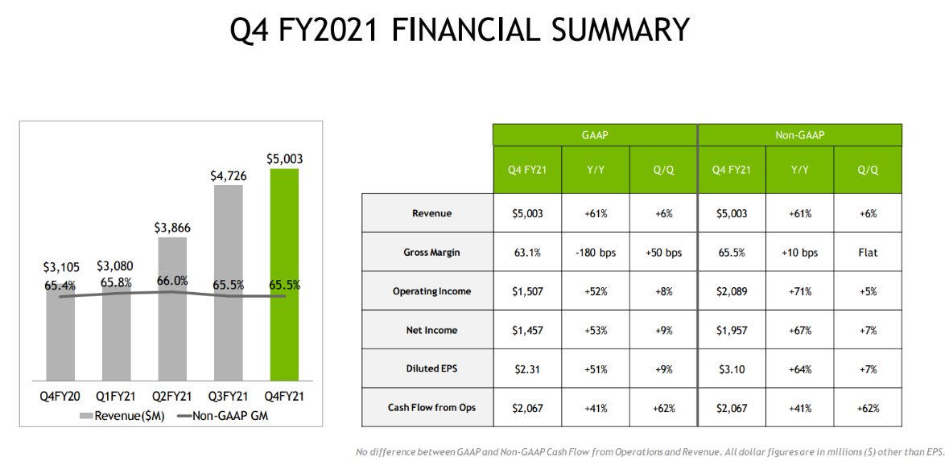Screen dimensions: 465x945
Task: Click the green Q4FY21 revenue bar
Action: (284, 274)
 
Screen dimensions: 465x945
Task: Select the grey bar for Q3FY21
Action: (229, 282)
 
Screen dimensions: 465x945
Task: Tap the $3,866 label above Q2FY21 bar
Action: (172, 228)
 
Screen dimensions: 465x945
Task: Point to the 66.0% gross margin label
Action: (172, 281)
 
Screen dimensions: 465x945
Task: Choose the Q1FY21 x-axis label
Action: (117, 397)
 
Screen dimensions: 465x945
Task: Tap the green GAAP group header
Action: (594, 135)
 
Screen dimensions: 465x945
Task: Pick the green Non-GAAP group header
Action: (800, 135)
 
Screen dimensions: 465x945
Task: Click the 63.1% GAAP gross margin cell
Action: (527, 253)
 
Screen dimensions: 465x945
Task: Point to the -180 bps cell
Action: (596, 253)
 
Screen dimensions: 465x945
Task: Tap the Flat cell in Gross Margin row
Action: (868, 253)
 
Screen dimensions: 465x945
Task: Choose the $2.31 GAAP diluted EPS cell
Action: (527, 369)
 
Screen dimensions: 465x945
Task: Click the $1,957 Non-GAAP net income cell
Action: (731, 330)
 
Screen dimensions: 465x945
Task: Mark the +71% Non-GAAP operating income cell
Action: (800, 291)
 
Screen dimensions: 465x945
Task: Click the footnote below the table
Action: (649, 452)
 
